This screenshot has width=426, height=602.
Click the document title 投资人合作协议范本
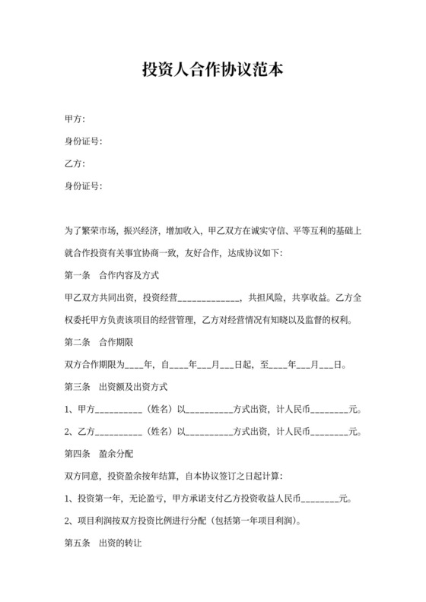pos(213,71)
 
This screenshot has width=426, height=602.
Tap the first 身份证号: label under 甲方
pos(84,141)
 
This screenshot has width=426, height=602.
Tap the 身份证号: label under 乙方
pos(84,185)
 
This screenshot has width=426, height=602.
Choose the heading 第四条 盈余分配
pos(101,454)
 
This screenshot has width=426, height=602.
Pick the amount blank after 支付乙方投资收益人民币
pos(320,500)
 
